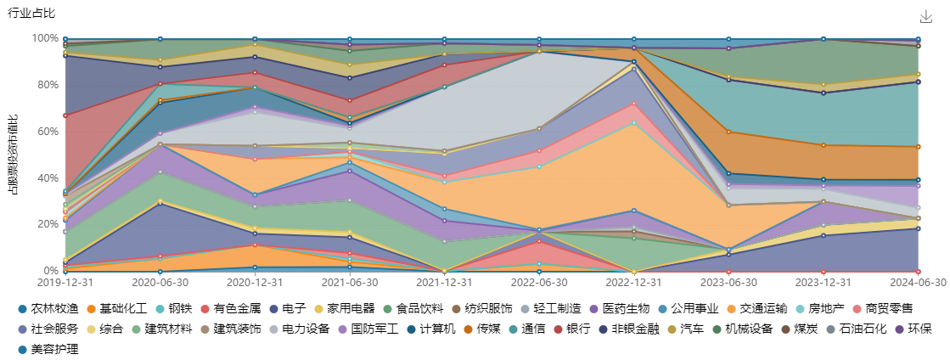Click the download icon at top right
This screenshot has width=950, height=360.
coord(926,17)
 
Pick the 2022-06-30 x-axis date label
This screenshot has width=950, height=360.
coord(540,283)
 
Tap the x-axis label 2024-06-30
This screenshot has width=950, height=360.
coord(919,283)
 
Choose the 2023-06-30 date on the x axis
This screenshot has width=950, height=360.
coord(729,283)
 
